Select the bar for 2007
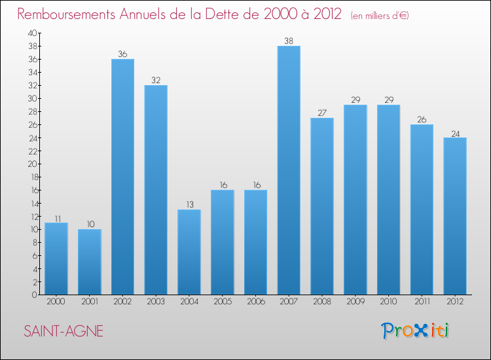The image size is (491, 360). click(x=289, y=170)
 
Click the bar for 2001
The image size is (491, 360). click(x=90, y=262)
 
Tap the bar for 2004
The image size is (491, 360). click(x=189, y=252)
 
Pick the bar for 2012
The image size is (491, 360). click(x=455, y=216)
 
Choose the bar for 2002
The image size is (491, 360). click(x=122, y=177)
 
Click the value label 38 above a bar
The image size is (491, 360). click(x=289, y=41)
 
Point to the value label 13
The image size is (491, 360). click(x=189, y=205)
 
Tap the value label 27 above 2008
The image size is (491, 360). click(x=322, y=113)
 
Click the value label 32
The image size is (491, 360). click(x=156, y=81)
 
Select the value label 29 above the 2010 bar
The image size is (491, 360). click(x=388, y=100)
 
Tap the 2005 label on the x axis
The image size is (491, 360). click(x=223, y=302)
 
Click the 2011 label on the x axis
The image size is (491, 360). click(x=422, y=302)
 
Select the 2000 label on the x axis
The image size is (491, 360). click(x=56, y=302)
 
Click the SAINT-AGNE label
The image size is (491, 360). click(x=64, y=331)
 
